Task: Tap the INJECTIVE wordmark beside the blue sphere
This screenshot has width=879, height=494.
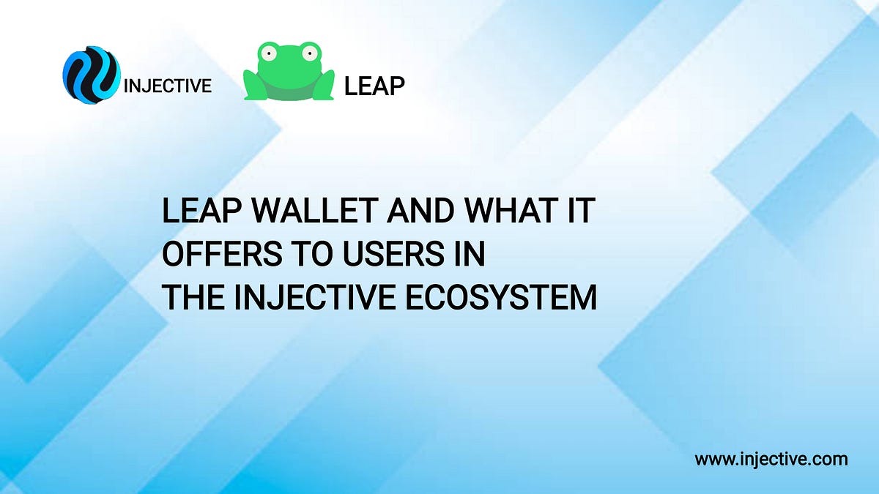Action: pos(168,86)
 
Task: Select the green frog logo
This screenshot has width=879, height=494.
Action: pos(288,72)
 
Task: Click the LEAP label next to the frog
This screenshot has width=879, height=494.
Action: pos(374,86)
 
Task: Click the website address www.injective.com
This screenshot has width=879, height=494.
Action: pos(771,460)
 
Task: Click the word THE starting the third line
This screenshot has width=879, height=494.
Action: pos(189,298)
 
